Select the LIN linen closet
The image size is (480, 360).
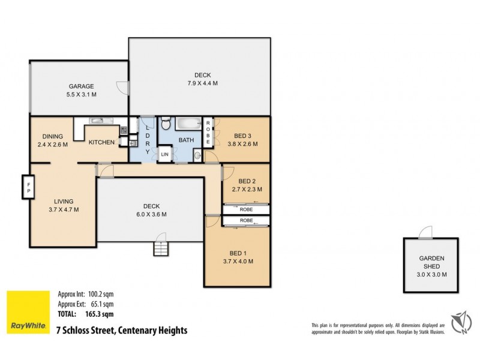(164, 155)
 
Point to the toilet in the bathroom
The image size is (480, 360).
(166, 125)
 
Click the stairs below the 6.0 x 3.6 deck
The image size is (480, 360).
(161, 247)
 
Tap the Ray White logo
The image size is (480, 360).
(27, 312)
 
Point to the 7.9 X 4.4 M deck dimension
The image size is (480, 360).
(202, 83)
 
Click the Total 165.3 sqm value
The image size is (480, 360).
(100, 313)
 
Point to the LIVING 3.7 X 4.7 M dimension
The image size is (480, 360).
(64, 209)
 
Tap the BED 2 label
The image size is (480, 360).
(247, 181)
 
